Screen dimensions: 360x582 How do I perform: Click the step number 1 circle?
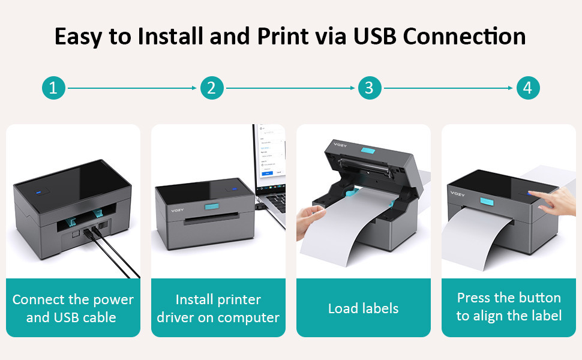[53, 88]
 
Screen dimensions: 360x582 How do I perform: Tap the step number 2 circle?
[211, 88]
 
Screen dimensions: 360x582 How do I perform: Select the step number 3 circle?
[369, 88]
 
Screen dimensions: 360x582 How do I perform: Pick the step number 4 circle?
[527, 88]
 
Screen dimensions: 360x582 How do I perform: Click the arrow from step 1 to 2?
[132, 88]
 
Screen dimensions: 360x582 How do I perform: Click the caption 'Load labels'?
[363, 308]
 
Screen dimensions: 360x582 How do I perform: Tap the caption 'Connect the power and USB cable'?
[73, 308]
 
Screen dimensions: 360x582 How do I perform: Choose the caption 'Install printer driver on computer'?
[218, 308]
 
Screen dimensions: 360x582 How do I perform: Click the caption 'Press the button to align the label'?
[509, 307]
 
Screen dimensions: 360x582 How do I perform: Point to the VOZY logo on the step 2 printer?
[176, 210]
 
